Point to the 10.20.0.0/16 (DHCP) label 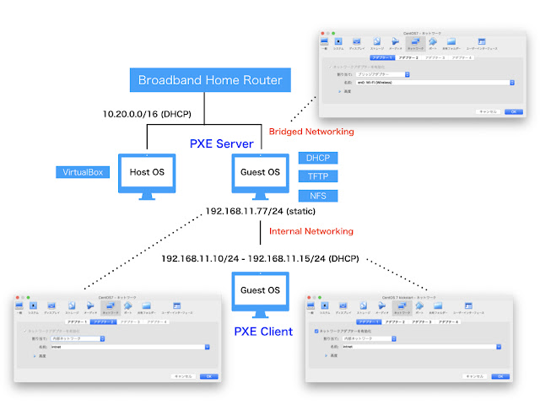click(x=147, y=114)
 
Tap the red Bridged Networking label click(x=310, y=132)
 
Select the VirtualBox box click(x=82, y=172)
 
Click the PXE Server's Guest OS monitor click(x=260, y=175)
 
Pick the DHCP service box click(x=318, y=158)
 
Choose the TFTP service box click(x=318, y=176)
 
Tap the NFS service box click(x=318, y=196)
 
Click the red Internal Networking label click(x=310, y=230)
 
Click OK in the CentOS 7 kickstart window click(x=498, y=376)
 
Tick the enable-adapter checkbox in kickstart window click(x=316, y=332)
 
